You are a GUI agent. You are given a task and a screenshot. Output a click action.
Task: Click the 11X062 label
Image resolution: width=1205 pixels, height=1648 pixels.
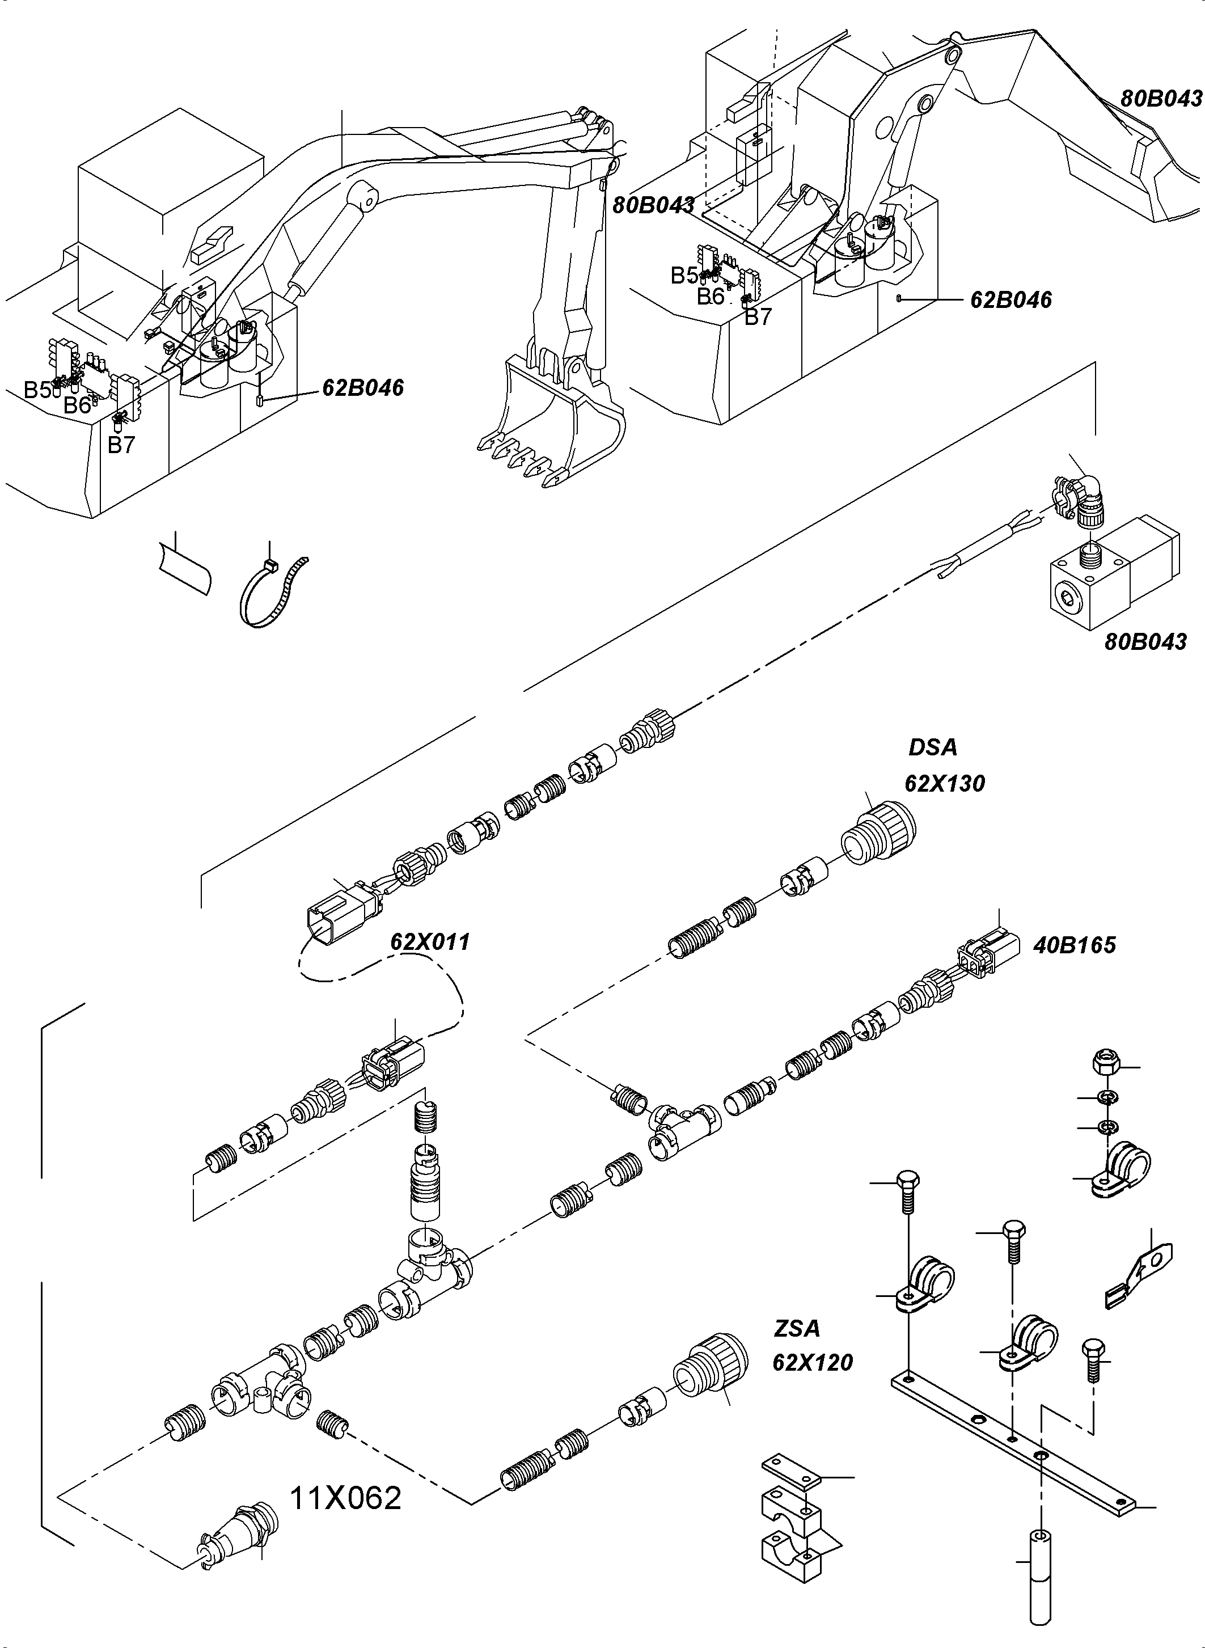(x=346, y=1498)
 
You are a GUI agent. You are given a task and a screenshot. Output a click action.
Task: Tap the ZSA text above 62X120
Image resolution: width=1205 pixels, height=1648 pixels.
(x=797, y=1329)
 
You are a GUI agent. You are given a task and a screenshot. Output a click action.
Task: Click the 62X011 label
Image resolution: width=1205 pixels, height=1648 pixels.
(x=430, y=942)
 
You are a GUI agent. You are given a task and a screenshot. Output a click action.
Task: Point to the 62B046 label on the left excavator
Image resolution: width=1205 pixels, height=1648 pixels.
(x=362, y=387)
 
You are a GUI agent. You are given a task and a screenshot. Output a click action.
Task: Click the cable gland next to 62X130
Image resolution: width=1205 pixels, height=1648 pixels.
(x=881, y=835)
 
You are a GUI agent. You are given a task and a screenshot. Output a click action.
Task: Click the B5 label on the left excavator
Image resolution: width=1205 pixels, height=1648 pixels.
(x=37, y=390)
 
